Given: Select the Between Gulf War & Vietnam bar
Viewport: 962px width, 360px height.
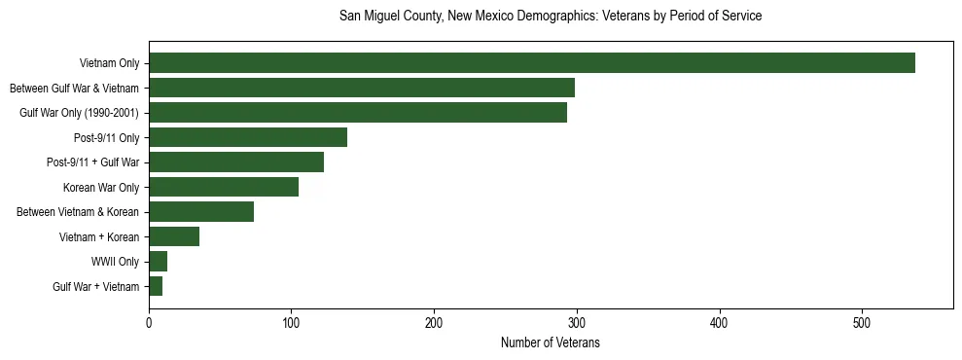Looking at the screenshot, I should pos(361,89).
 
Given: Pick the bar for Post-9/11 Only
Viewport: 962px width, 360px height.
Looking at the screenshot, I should pos(247,137).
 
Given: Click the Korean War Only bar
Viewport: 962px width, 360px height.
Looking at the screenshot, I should pos(223,187).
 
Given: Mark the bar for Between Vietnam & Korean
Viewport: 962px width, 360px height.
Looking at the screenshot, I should pos(200,212).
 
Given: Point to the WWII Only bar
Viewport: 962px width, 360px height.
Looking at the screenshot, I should pos(158,262).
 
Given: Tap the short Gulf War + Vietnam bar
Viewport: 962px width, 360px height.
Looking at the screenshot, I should pos(155,286).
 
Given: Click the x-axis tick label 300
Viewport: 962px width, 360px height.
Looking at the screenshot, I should pos(577,322).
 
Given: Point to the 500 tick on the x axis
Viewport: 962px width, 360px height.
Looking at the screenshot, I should pos(862,322).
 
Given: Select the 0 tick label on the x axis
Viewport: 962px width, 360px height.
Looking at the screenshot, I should pos(149,322).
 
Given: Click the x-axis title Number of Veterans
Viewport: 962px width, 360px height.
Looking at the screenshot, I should pos(550,343).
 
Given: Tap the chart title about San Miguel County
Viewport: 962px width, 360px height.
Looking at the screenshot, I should pos(550,17).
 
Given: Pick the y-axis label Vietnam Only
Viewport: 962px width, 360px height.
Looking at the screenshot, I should pos(109,64).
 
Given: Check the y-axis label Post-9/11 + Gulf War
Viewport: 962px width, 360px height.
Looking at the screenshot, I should pos(92,162).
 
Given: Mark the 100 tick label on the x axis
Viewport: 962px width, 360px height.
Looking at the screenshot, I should pos(291,322).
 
